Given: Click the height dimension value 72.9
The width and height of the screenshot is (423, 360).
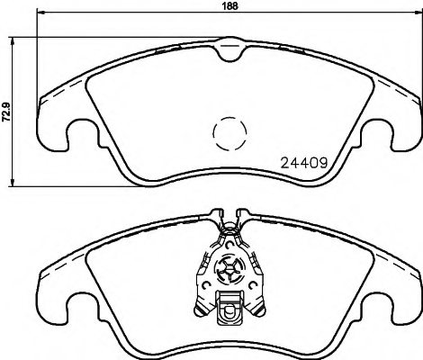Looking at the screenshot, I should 6,112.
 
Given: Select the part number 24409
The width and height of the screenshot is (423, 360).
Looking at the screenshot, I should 297,165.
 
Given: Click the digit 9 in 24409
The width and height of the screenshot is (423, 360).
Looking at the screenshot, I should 319,165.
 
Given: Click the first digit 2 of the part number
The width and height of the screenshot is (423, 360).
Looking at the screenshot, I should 274,165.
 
